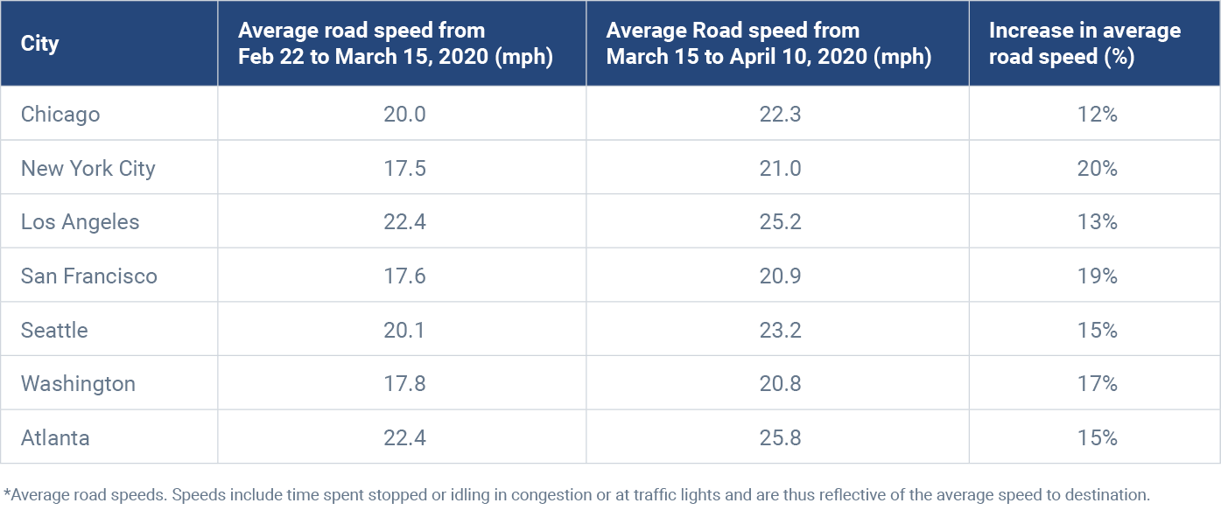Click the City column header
click(40, 44)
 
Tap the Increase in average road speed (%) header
click(1084, 44)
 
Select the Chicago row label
click(60, 114)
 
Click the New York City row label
click(88, 168)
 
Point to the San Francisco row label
click(89, 276)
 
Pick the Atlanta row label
click(55, 437)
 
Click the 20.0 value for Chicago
click(404, 114)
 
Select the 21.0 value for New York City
click(780, 168)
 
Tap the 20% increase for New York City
click(1098, 168)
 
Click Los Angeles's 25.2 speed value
click(780, 222)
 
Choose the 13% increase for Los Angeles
click(1098, 222)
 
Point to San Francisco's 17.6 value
click(404, 276)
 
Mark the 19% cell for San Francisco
click(1098, 276)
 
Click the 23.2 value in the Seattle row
click(780, 330)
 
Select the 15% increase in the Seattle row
click(1098, 330)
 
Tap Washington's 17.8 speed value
click(404, 384)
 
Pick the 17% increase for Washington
click(1098, 384)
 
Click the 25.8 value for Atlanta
click(780, 437)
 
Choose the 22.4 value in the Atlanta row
click(404, 437)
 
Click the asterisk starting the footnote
click(7, 492)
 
